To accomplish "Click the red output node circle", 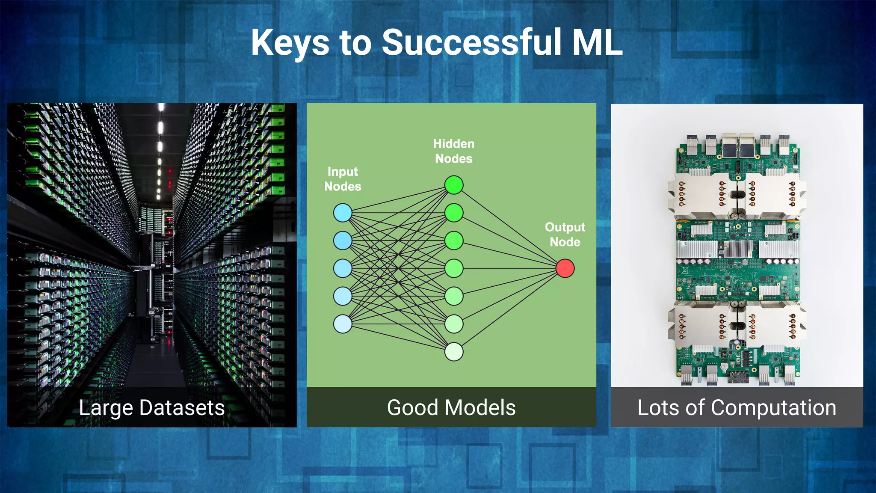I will point(565,268).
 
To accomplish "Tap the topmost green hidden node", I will point(454,185).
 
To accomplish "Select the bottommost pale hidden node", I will point(454,352).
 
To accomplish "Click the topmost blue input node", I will point(343,213).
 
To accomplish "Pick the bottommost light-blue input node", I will point(343,324).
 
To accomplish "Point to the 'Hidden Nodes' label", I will point(454,151).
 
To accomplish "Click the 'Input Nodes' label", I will point(343,179).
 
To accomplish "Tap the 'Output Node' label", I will point(565,235).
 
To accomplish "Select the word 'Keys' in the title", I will point(290,43).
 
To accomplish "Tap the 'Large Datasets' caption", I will point(152,407).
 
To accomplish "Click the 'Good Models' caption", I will point(451,407).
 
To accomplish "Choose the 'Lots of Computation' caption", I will point(737,407).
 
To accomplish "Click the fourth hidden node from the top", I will point(454,268).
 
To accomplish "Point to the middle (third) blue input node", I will point(343,268).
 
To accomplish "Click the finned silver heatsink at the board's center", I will point(737,249).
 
